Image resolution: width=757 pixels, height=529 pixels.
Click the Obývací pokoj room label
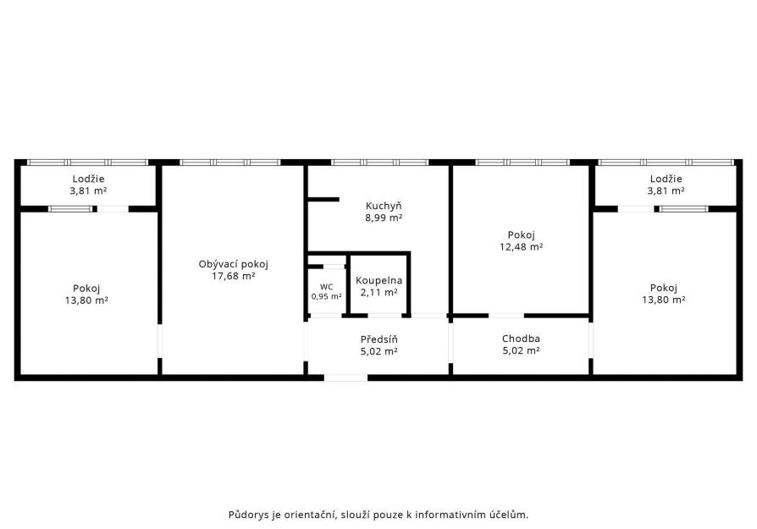tap(233, 264)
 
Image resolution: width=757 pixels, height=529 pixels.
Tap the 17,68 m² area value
tap(233, 276)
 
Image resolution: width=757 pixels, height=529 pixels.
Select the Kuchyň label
tap(384, 206)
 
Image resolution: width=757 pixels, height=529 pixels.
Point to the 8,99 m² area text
tap(384, 218)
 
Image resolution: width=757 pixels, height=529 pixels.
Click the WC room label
tap(326, 287)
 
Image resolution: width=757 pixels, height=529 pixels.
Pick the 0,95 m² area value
tap(326, 296)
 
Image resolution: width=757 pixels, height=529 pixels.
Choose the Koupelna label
tap(379, 280)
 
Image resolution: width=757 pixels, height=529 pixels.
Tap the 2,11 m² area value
tap(379, 292)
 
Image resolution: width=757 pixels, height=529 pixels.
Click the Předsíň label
tap(379, 339)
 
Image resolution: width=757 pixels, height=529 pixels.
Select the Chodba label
tap(521, 339)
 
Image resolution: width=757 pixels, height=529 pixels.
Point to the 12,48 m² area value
tap(521, 246)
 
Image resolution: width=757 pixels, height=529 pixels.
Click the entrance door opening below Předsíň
tap(345, 377)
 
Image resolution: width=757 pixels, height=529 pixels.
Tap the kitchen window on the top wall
tap(380, 163)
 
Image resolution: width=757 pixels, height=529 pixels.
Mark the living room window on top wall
tap(229, 163)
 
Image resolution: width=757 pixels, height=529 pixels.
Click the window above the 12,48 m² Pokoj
tap(522, 163)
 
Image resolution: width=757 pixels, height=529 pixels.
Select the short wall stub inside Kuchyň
tap(323, 199)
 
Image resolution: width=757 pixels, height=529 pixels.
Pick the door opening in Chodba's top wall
tap(506, 316)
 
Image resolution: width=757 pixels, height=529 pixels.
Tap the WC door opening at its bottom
tap(325, 316)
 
